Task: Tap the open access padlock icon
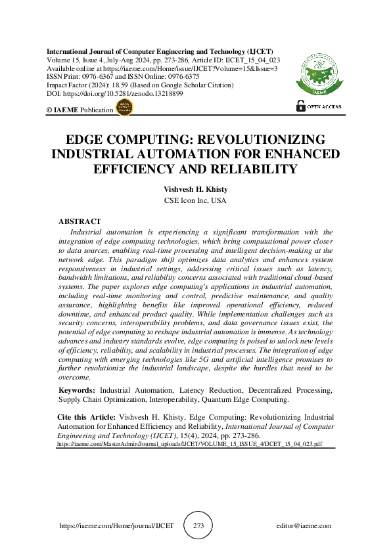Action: (301, 105)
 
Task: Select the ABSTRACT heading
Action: (80, 222)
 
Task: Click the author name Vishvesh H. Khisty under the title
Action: (195, 188)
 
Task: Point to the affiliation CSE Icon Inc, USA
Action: (195, 200)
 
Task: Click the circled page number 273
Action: (198, 526)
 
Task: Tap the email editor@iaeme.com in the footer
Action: (304, 526)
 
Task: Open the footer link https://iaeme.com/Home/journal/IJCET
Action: (116, 526)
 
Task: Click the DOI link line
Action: (114, 94)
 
